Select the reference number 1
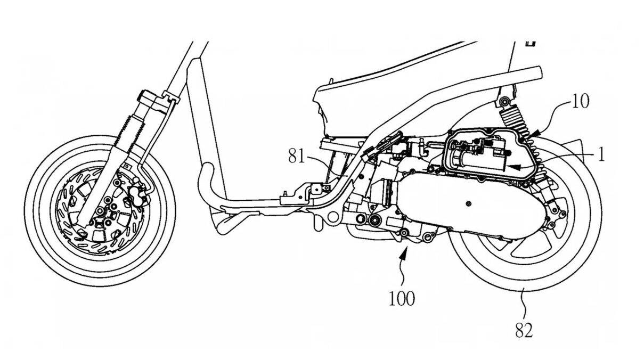point(601,155)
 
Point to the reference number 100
point(402,298)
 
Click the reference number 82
point(524,331)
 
